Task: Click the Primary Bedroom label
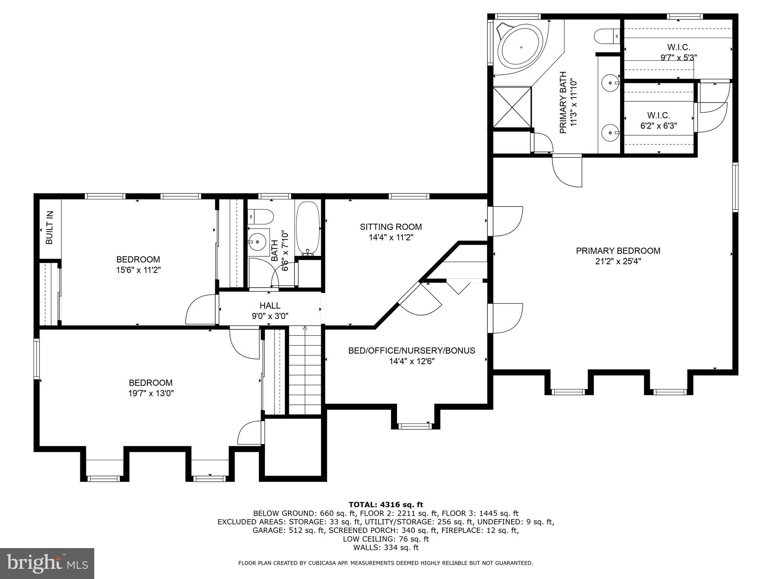618,251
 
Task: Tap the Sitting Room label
391,227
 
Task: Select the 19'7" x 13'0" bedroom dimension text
151,394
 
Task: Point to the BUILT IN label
49,228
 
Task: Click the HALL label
270,305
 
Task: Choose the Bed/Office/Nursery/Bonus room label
412,351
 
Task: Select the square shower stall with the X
512,107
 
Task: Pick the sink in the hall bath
259,240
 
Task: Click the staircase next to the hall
305,371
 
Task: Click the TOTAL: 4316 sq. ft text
386,505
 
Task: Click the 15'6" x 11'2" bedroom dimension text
138,270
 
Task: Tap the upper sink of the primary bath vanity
610,82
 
